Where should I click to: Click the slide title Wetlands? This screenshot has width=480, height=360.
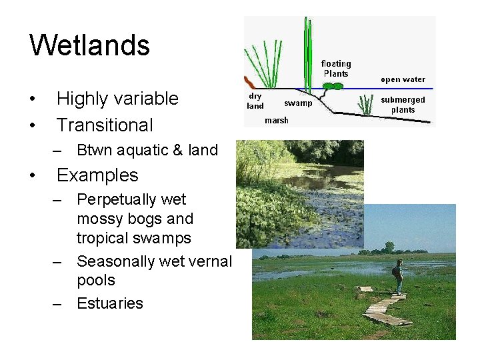90,45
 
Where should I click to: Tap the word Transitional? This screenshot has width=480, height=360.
105,125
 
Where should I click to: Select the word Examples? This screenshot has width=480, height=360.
97,175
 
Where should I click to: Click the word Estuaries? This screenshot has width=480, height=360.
110,303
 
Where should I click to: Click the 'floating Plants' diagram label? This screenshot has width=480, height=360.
336,69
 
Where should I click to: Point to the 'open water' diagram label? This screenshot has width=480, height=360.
403,79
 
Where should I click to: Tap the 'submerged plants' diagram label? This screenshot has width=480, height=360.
403,105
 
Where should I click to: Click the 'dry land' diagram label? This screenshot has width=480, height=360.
255,101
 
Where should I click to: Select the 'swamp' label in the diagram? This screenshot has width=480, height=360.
298,103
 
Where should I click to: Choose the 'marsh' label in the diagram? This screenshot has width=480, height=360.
276,121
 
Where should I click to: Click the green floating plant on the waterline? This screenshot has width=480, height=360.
333,86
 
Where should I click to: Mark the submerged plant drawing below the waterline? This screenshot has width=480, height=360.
365,105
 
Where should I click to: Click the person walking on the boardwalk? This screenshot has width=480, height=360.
398,276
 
